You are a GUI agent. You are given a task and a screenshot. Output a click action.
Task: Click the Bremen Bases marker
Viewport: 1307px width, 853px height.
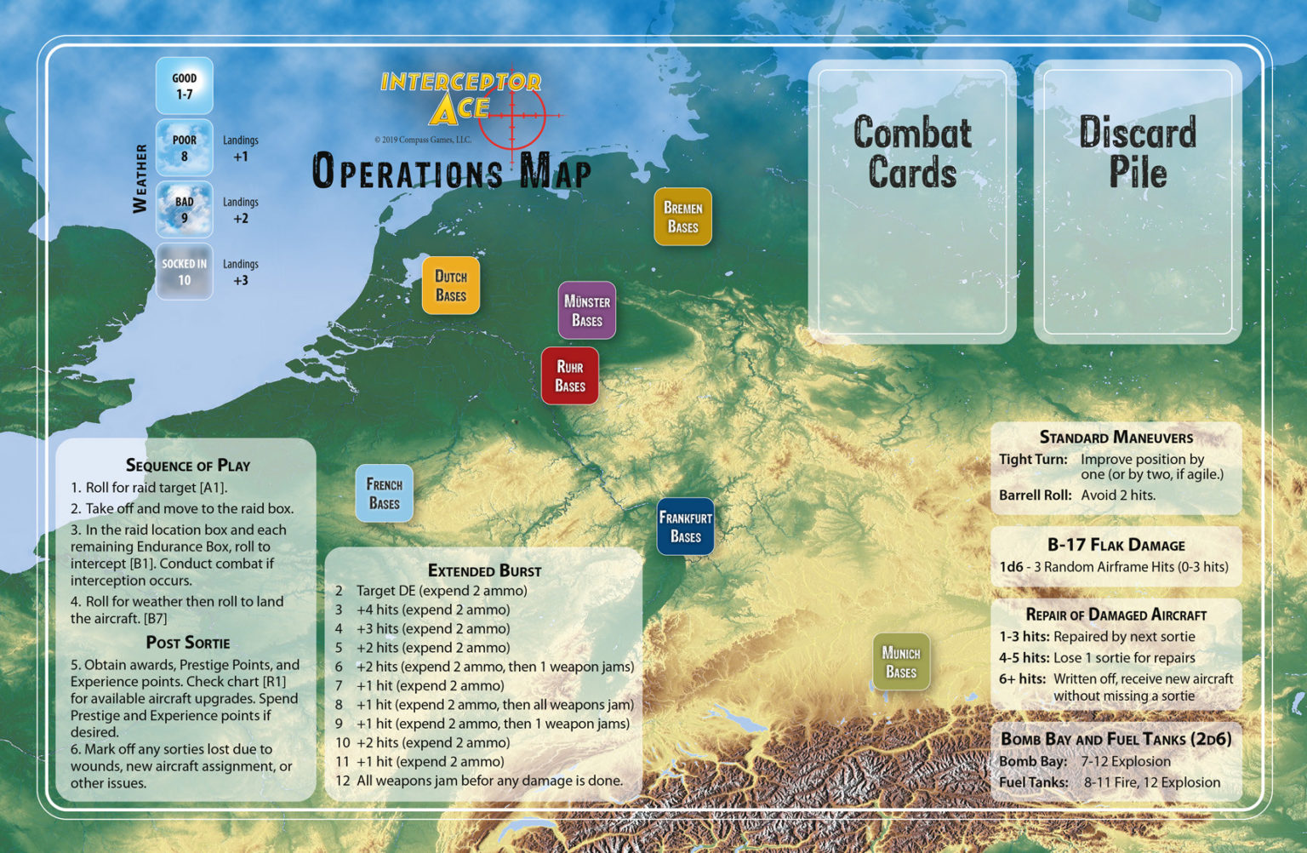tap(682, 217)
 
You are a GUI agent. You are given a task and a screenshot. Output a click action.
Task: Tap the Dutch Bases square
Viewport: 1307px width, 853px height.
tap(451, 286)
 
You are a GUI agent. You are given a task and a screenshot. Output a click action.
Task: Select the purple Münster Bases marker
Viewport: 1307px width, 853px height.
tap(587, 311)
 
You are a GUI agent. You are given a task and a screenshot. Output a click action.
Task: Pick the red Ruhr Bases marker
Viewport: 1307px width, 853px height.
tap(570, 376)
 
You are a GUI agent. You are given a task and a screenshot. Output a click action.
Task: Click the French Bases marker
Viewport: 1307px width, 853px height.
tap(385, 494)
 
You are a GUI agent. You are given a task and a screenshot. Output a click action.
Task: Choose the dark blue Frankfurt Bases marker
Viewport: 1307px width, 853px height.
tap(686, 527)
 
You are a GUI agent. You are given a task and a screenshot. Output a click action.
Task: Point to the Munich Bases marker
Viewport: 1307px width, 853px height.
tap(901, 661)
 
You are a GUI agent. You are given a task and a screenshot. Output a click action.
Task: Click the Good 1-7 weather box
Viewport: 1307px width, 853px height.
tap(185, 86)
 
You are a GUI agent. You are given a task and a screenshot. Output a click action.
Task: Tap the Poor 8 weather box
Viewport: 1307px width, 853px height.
tap(185, 148)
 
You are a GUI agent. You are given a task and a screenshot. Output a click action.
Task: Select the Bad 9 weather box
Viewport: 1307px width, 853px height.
tap(185, 210)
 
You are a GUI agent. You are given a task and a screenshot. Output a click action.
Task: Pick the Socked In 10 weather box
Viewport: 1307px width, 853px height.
tap(185, 272)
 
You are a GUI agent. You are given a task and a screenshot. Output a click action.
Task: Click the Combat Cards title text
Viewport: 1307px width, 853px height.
tap(912, 152)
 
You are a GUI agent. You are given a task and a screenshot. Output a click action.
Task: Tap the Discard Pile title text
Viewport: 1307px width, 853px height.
tap(1138, 152)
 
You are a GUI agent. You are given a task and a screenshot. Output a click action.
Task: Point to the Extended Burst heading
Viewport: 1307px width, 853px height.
tap(484, 570)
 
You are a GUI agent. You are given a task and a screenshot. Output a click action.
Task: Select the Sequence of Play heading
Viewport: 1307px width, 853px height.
tap(188, 465)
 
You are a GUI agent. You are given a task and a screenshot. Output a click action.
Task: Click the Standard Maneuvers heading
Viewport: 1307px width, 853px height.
tap(1116, 437)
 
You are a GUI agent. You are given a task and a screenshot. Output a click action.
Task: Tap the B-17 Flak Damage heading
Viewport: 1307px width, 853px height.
tap(1116, 545)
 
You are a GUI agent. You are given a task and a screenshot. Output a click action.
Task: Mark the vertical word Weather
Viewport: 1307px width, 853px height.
tap(140, 179)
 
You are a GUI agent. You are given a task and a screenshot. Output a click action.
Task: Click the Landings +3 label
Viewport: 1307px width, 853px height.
tap(241, 272)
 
